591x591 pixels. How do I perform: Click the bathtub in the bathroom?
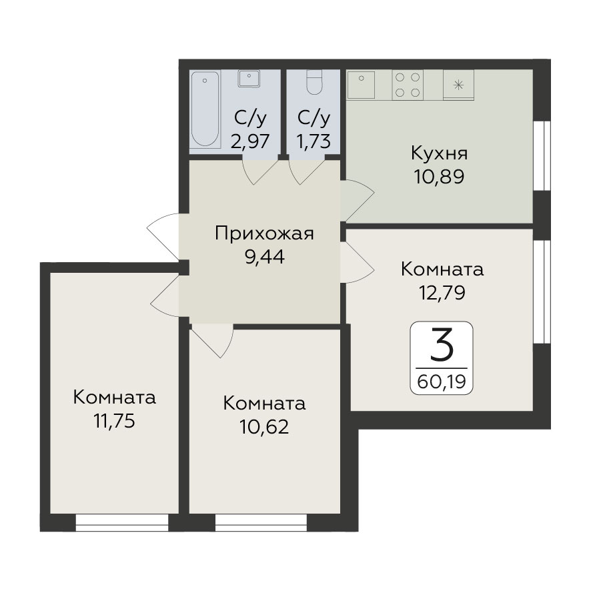click(x=205, y=109)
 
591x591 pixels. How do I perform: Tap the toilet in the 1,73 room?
click(x=314, y=82)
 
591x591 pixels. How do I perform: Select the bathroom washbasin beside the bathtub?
click(x=249, y=79)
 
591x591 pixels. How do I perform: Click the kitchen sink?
click(x=361, y=85)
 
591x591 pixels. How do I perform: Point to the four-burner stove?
click(x=407, y=85)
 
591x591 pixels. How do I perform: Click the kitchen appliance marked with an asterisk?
click(x=458, y=85)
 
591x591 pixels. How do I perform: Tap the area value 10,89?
click(x=439, y=176)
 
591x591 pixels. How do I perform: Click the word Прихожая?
click(x=264, y=233)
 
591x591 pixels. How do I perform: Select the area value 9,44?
click(x=265, y=257)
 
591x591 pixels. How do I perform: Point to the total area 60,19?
click(x=442, y=382)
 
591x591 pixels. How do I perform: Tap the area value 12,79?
click(x=442, y=292)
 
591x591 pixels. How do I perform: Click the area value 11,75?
click(x=114, y=421)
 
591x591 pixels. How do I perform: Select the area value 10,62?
click(x=264, y=427)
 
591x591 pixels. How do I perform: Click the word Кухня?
click(x=439, y=153)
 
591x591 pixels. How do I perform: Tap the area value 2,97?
click(x=250, y=141)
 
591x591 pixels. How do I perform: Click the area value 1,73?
click(x=314, y=141)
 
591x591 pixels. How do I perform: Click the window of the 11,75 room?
click(x=122, y=522)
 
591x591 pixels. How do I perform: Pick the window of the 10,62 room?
click(x=261, y=522)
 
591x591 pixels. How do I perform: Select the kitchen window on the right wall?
click(x=542, y=155)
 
